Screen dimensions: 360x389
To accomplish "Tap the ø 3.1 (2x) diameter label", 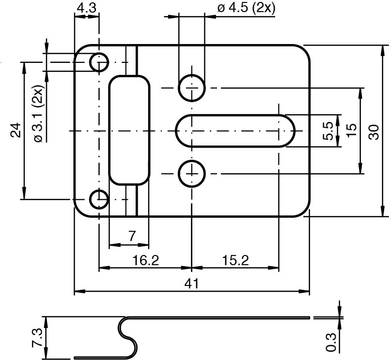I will click(38, 114).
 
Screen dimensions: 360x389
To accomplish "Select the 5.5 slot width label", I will click(328, 131).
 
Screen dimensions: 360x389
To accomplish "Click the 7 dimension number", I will click(132, 236).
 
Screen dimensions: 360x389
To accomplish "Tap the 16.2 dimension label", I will click(145, 260).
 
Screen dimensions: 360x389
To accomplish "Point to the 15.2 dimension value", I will click(235, 260).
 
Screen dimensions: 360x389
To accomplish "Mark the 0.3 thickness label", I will click(331, 342).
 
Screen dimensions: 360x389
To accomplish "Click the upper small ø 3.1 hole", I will click(99, 62).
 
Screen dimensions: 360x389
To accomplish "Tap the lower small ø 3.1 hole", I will click(99, 199).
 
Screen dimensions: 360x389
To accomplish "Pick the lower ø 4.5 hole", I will click(192, 174).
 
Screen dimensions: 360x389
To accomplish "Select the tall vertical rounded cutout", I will click(128, 130).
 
